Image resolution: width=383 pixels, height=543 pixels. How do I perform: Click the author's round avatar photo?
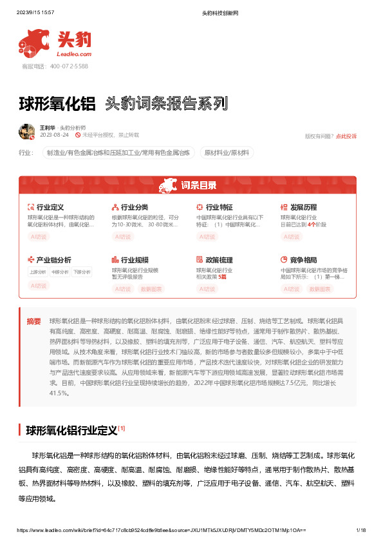click(x=26, y=131)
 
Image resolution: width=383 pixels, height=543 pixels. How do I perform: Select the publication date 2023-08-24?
click(x=54, y=135)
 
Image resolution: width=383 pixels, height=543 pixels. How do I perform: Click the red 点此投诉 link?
click(x=346, y=136)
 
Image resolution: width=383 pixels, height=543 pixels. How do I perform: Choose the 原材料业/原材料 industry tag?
click(x=228, y=153)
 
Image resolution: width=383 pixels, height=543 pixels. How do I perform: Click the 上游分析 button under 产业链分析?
click(x=37, y=272)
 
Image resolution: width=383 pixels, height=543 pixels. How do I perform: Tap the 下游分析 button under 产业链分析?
click(x=81, y=272)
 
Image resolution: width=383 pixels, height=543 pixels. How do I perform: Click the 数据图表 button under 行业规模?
click(x=152, y=289)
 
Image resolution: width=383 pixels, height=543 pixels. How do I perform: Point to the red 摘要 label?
click(x=33, y=321)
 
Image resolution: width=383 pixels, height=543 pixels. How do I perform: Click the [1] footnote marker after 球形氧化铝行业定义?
click(x=122, y=428)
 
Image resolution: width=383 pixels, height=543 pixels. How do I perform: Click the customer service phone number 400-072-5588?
click(x=64, y=66)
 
